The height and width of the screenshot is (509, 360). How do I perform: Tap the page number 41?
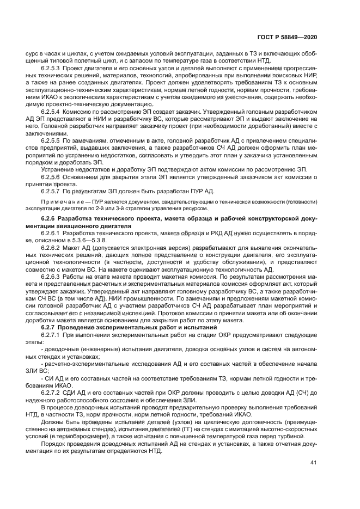[x=313, y=463]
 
